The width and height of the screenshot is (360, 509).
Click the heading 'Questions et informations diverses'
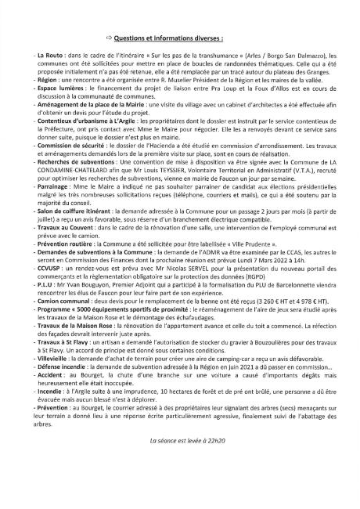point(162,37)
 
